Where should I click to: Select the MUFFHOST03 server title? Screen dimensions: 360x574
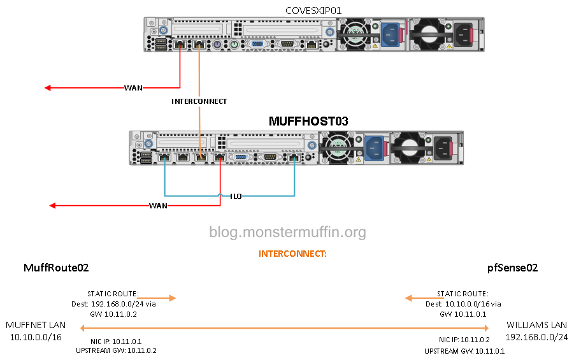tap(308, 120)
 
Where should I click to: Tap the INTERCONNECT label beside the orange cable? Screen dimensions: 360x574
tap(199, 101)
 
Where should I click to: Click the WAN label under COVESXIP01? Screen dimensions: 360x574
tap(133, 87)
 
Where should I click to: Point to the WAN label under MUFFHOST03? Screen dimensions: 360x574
tap(158, 206)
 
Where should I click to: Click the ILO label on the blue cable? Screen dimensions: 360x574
tap(236, 196)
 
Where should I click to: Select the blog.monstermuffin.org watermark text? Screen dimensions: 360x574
tap(287, 232)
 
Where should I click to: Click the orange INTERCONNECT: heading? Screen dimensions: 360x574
tap(292, 254)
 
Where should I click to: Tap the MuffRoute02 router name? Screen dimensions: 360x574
tap(56, 268)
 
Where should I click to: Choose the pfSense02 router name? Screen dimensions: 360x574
tap(512, 268)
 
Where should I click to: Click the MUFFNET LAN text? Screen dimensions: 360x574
tap(36, 325)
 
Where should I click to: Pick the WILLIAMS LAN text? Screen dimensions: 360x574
tap(536, 325)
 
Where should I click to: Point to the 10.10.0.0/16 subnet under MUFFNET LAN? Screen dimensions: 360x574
tap(36, 336)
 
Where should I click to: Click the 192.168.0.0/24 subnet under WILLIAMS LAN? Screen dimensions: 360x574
tap(536, 336)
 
